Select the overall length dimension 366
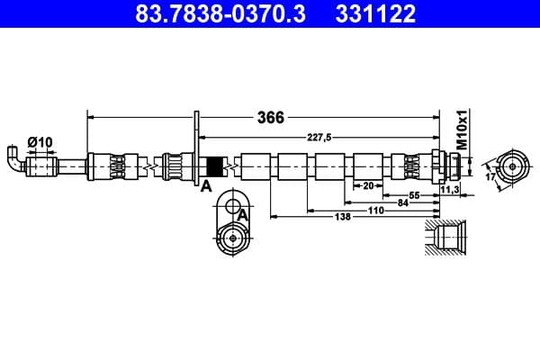(270, 118)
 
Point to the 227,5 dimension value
(314, 137)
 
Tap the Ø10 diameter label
(39, 141)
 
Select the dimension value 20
(367, 186)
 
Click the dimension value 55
(415, 195)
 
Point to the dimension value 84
(403, 202)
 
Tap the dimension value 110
(375, 210)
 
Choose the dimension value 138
(342, 218)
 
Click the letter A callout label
(205, 185)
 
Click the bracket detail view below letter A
(234, 229)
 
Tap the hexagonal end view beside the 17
(512, 166)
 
